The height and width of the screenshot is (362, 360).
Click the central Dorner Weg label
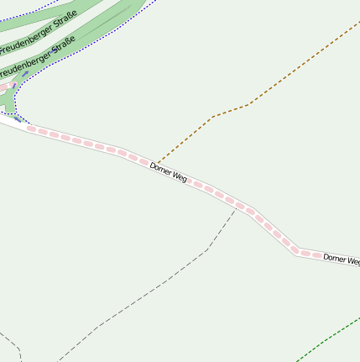[168, 173]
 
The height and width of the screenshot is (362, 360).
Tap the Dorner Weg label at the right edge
[342, 260]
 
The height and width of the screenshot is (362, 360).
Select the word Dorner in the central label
[161, 170]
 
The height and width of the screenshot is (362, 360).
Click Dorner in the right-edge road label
[335, 259]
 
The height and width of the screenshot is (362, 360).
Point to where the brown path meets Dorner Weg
[154, 163]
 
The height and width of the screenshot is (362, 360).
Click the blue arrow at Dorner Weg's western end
[18, 119]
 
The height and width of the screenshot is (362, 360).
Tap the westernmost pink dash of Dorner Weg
[32, 129]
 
